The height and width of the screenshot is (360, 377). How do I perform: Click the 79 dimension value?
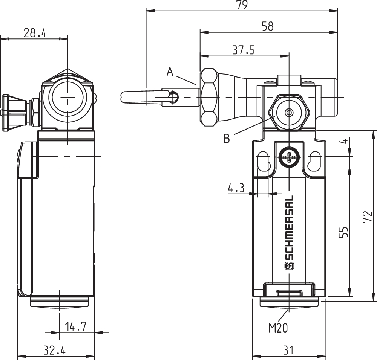coord(242,5)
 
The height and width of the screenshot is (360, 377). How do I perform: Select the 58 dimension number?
coord(267,26)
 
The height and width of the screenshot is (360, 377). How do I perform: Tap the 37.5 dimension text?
coord(243,50)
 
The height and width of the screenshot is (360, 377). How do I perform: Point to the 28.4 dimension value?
coord(35,33)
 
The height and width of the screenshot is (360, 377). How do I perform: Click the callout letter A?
coord(170,72)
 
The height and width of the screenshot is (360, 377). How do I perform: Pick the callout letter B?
coord(227,139)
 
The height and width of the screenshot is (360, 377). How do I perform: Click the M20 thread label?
coord(278,328)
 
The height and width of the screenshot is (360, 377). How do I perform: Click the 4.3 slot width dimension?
coord(236,188)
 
